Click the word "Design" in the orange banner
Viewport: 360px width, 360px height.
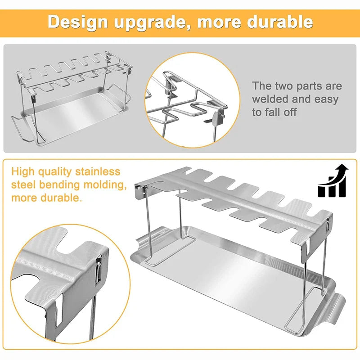77,22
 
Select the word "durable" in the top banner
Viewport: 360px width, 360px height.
280,22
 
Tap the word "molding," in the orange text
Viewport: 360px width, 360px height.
105,185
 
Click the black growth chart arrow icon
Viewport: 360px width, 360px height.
332,181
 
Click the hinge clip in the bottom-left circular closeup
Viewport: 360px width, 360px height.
99,269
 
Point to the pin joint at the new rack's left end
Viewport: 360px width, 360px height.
140,190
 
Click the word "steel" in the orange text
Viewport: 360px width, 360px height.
22,185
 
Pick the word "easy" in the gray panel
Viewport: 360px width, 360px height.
326,100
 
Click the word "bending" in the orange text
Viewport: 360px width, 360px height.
59,185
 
